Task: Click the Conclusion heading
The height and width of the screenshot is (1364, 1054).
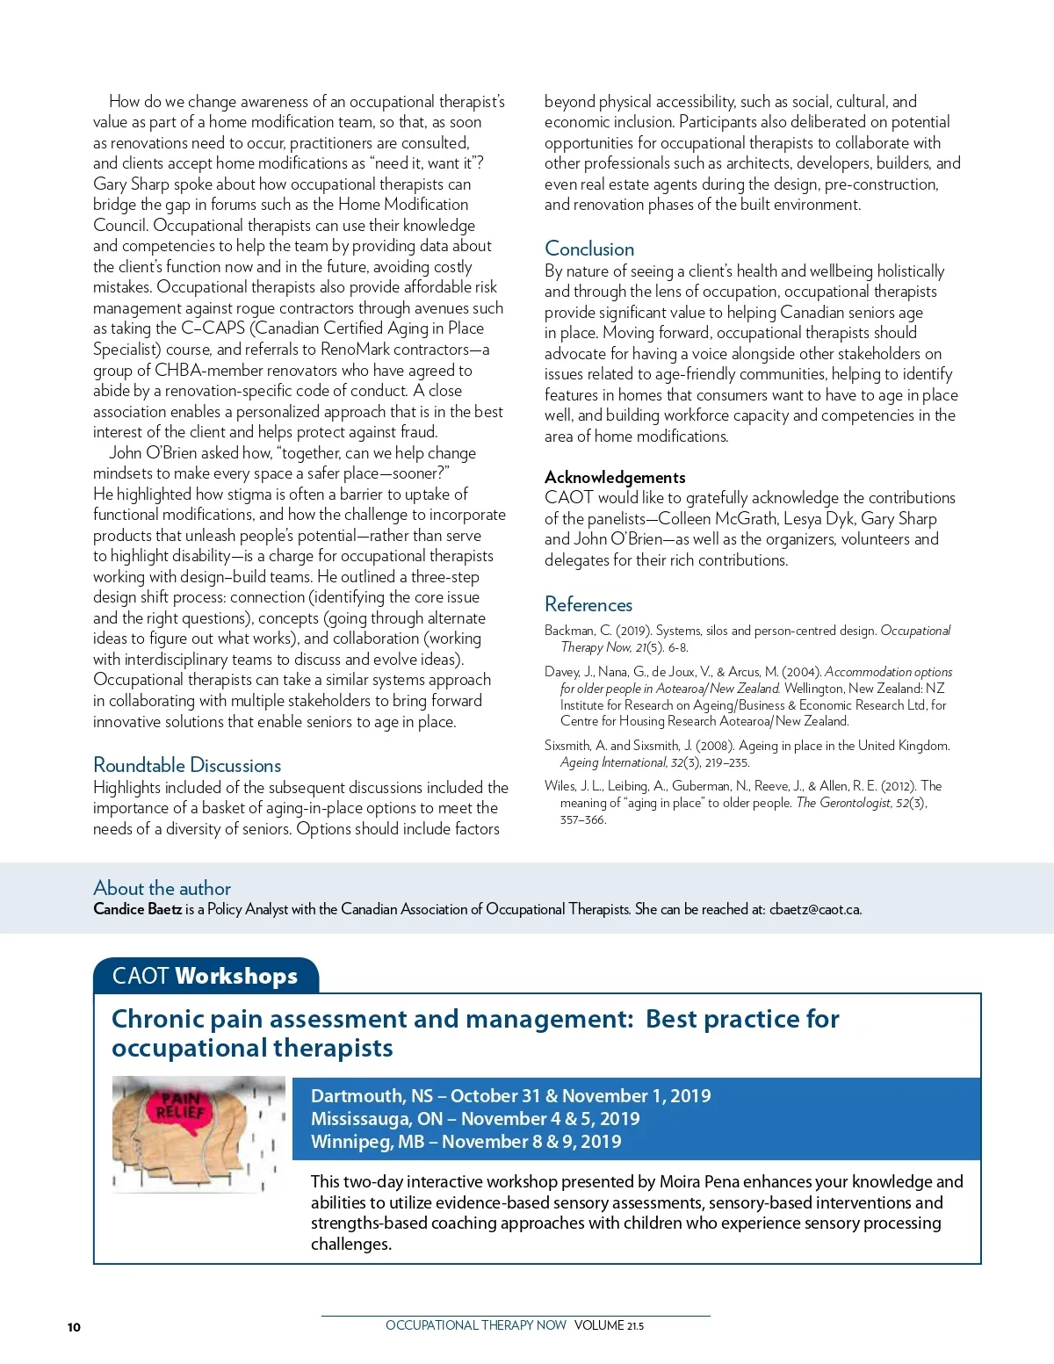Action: (x=589, y=249)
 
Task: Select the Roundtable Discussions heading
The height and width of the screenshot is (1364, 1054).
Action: (x=187, y=765)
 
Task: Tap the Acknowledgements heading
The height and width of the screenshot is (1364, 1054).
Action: (x=615, y=477)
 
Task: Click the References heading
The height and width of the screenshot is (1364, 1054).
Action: (x=588, y=604)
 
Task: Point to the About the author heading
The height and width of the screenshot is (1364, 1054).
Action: (x=162, y=888)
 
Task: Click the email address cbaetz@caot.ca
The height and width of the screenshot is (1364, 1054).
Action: (x=815, y=909)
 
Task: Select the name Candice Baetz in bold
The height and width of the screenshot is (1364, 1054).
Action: (x=137, y=909)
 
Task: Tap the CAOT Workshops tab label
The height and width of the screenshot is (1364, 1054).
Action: (x=205, y=976)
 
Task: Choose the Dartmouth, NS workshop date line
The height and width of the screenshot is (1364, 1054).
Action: (x=510, y=1096)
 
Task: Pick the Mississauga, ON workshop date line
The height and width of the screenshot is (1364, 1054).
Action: (x=475, y=1119)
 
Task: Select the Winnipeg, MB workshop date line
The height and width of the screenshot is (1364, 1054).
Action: (x=466, y=1142)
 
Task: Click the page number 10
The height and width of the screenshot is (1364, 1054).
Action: (x=74, y=1327)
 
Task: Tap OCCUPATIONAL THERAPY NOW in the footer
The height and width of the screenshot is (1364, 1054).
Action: (x=475, y=1325)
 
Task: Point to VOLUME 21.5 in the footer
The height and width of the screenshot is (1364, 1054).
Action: (x=609, y=1325)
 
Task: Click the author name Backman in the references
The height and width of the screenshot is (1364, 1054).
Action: (x=569, y=631)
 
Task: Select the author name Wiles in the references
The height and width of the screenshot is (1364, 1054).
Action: (x=560, y=786)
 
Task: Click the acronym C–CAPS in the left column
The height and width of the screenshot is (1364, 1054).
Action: (x=213, y=328)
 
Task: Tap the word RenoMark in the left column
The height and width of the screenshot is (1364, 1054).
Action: (x=357, y=349)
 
